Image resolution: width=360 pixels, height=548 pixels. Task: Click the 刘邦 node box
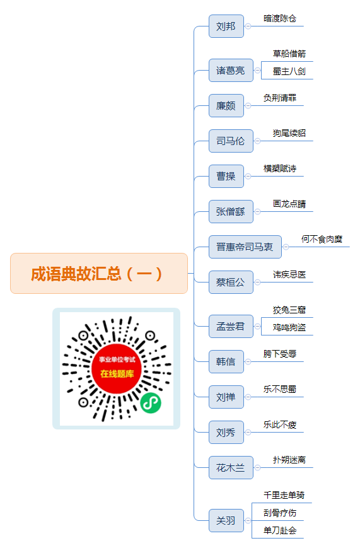pos(226,26)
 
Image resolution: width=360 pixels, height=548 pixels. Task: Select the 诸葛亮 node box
pos(231,70)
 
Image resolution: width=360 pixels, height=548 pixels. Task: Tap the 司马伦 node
pos(231,141)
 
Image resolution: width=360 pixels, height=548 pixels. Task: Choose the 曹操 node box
pos(226,176)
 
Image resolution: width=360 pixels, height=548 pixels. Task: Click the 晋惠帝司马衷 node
pos(245,247)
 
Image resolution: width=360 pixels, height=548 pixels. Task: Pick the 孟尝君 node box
pos(231,326)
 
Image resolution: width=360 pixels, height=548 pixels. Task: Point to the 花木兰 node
pos(231,467)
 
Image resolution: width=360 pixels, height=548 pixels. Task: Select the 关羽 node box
pos(226,520)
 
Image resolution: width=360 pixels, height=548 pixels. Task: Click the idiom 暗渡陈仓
pos(279,18)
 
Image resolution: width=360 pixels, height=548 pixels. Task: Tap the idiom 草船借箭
pos(289,54)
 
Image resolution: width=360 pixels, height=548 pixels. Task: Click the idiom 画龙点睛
pos(289,204)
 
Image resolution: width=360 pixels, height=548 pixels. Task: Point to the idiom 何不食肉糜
pos(322,239)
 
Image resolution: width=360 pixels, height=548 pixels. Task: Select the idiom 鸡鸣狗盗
pos(289,327)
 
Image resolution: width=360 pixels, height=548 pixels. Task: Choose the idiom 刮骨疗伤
pos(279,513)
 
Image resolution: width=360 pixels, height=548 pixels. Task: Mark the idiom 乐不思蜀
pos(279,389)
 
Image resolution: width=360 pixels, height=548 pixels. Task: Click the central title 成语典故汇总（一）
pos(96,274)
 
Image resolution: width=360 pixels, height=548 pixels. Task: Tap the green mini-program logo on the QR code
pos(151,402)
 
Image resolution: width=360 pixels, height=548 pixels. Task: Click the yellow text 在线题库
pos(117,374)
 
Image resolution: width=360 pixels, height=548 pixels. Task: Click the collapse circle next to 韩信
pos(248,362)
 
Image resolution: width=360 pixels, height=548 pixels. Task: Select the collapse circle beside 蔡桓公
pos(258,282)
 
